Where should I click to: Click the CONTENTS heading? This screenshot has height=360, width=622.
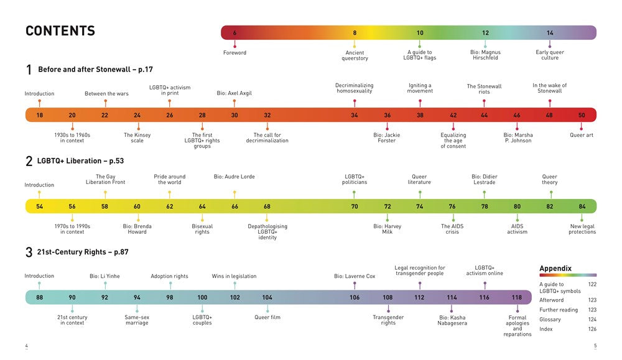click(x=60, y=31)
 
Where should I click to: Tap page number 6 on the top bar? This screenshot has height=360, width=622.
click(x=234, y=33)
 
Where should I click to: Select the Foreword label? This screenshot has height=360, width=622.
click(x=234, y=53)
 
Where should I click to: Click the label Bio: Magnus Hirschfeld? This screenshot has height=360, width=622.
click(x=485, y=55)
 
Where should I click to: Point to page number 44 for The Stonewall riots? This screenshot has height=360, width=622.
click(x=485, y=115)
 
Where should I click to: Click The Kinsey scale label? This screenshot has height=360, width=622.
click(x=137, y=137)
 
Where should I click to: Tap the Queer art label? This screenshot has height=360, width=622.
click(x=582, y=135)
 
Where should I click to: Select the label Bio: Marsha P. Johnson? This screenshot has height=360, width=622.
click(x=518, y=137)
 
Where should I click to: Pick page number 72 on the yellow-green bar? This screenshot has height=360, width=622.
click(x=388, y=206)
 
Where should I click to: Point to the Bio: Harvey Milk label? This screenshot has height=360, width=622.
click(x=388, y=229)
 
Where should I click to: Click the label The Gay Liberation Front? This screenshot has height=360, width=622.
click(x=105, y=179)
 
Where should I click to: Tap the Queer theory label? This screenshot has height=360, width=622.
click(x=549, y=179)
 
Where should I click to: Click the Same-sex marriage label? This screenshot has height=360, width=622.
click(x=137, y=320)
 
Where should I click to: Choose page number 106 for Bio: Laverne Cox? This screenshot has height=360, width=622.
click(x=355, y=297)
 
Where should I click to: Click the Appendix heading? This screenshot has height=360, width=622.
click(x=555, y=269)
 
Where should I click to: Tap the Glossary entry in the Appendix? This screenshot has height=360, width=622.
click(x=550, y=320)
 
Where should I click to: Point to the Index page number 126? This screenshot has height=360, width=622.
click(x=592, y=330)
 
